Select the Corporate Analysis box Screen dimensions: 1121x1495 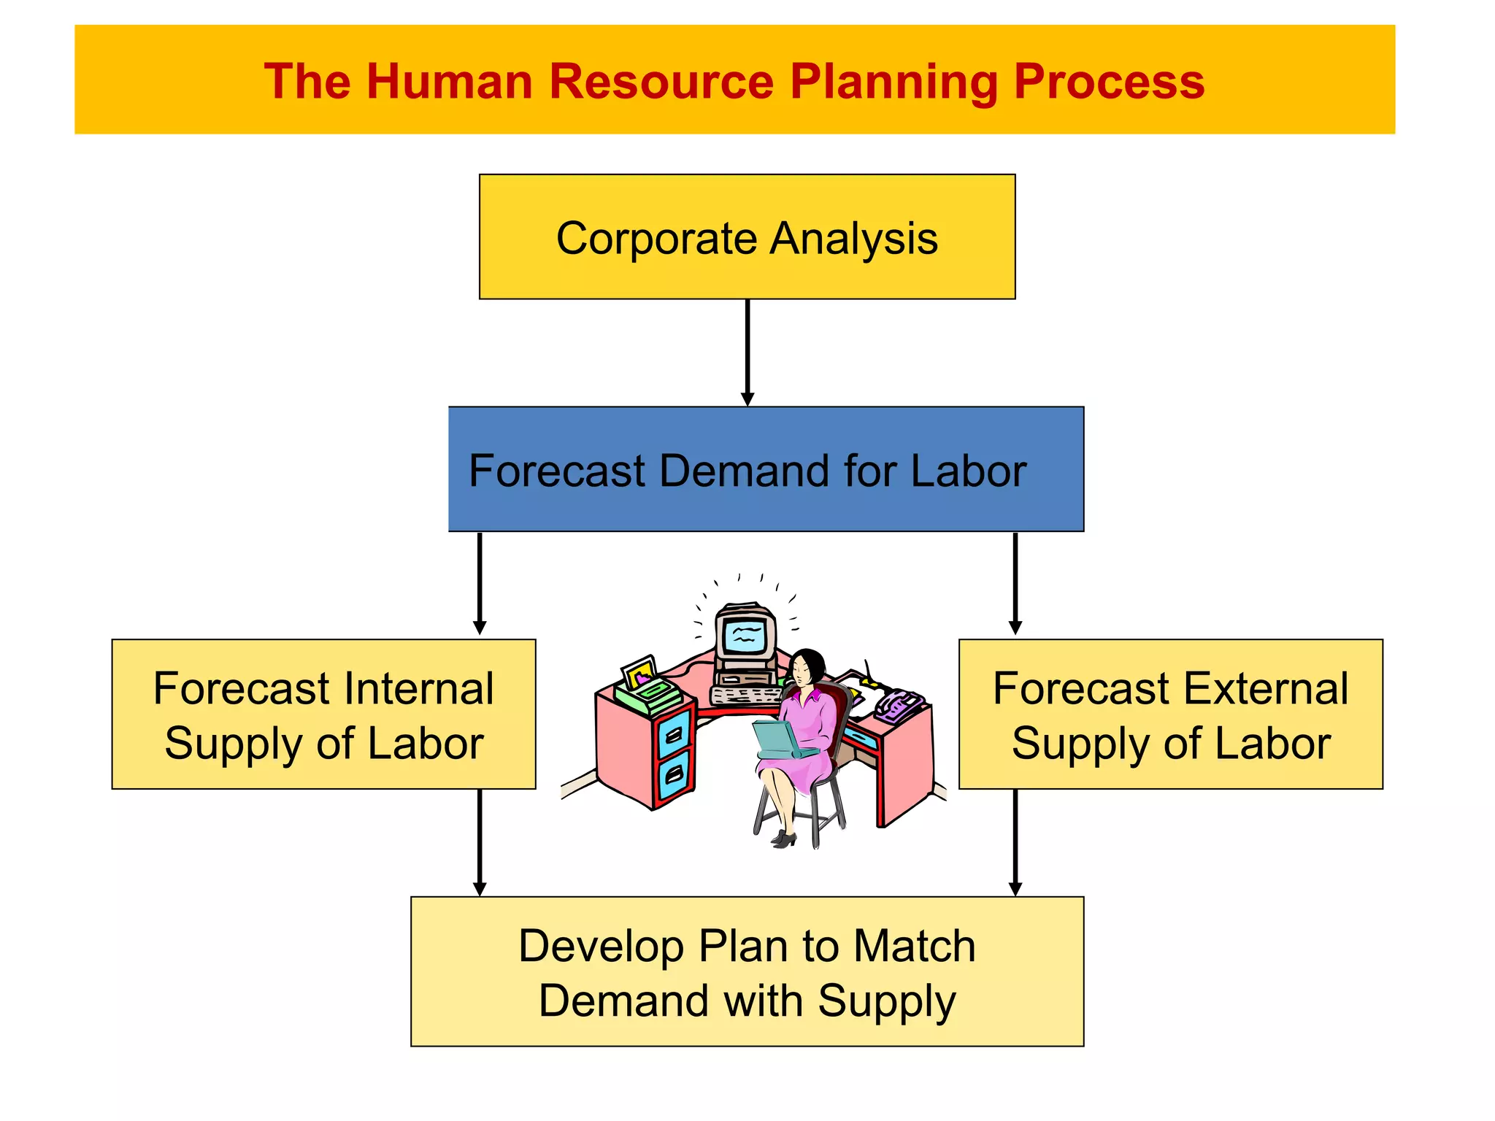(x=747, y=236)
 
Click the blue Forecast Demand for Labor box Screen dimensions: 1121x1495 (x=766, y=469)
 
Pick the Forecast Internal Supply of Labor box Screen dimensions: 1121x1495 (x=323, y=714)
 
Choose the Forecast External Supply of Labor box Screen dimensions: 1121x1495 (x=1170, y=714)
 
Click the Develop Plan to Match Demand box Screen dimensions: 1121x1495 (x=747, y=971)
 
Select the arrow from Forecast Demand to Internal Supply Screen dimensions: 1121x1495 (x=480, y=584)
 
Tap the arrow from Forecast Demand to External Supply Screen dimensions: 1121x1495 (x=1015, y=584)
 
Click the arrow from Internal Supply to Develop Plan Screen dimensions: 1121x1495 (x=480, y=842)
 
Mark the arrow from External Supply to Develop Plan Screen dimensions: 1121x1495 (x=1015, y=842)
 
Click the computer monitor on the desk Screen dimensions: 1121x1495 (x=745, y=635)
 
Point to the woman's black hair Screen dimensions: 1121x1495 (x=812, y=660)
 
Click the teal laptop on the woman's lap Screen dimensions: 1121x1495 (x=781, y=740)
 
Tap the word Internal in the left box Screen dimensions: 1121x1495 (x=419, y=688)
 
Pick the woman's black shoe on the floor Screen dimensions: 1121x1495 (x=783, y=839)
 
